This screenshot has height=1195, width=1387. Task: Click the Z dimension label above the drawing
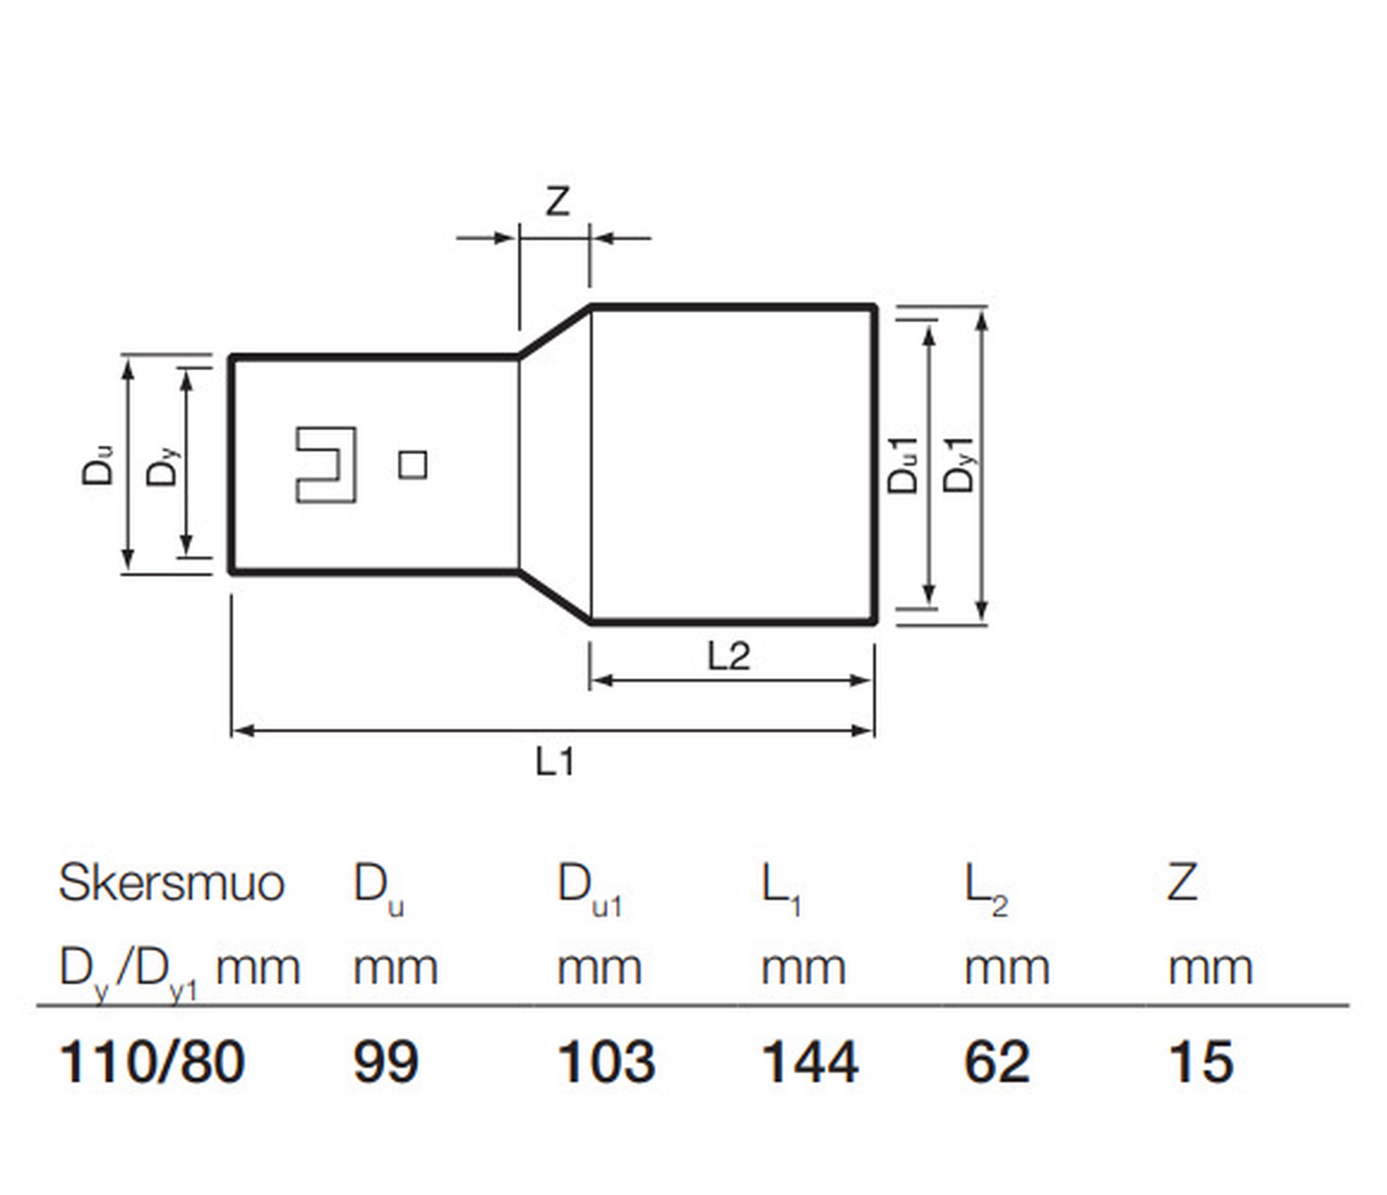click(558, 202)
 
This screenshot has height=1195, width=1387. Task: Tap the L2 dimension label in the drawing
click(728, 656)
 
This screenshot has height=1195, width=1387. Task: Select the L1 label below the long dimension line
click(555, 762)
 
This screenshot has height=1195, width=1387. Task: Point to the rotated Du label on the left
click(98, 465)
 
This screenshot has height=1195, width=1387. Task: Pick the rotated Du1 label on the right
click(904, 465)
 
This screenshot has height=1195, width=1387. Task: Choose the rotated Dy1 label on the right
click(959, 465)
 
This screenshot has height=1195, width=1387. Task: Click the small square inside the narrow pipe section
click(413, 465)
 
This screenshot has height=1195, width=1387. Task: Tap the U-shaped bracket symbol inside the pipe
click(326, 465)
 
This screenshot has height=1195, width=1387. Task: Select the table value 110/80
click(152, 1062)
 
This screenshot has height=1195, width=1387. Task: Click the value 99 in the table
click(386, 1062)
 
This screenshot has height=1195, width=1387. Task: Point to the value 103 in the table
click(606, 1062)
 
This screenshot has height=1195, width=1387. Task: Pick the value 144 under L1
click(809, 1062)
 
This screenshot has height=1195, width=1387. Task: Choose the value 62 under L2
click(997, 1062)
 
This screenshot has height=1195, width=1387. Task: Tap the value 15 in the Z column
click(1201, 1062)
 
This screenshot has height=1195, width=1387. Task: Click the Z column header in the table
click(1182, 884)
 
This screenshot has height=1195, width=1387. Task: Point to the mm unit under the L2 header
click(1007, 968)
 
